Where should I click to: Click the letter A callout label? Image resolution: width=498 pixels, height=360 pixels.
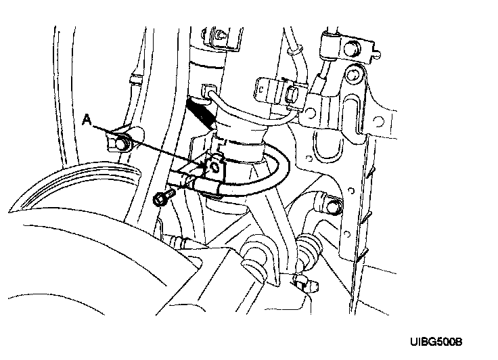86,119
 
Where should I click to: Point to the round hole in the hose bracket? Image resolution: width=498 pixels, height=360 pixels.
215,166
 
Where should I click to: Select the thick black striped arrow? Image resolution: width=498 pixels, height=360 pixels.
200,112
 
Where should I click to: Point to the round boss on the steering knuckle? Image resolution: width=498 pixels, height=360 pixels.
256,255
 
